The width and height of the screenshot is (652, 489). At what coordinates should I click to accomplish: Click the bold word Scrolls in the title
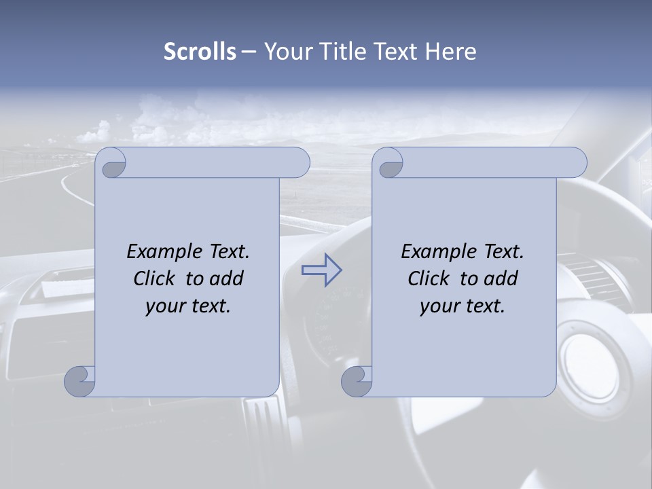(200, 52)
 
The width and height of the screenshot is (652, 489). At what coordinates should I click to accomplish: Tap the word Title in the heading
(342, 52)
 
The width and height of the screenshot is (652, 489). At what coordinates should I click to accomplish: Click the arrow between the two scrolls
(321, 270)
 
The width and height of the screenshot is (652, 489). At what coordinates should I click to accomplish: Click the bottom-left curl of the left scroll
(79, 380)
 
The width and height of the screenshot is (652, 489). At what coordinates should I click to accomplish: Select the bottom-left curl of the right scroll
(357, 380)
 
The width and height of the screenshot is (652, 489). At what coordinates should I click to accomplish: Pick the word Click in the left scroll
(154, 278)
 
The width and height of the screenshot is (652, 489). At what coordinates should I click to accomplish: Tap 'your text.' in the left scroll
(188, 306)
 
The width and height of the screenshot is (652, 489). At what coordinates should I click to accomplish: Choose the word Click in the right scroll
(429, 278)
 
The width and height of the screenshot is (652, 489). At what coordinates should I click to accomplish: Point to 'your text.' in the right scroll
(463, 306)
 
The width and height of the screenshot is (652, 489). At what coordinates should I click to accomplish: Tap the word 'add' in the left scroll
(226, 278)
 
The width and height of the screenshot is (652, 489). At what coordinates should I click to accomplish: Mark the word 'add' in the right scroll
(501, 278)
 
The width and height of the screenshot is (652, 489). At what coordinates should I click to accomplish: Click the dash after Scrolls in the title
(249, 52)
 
